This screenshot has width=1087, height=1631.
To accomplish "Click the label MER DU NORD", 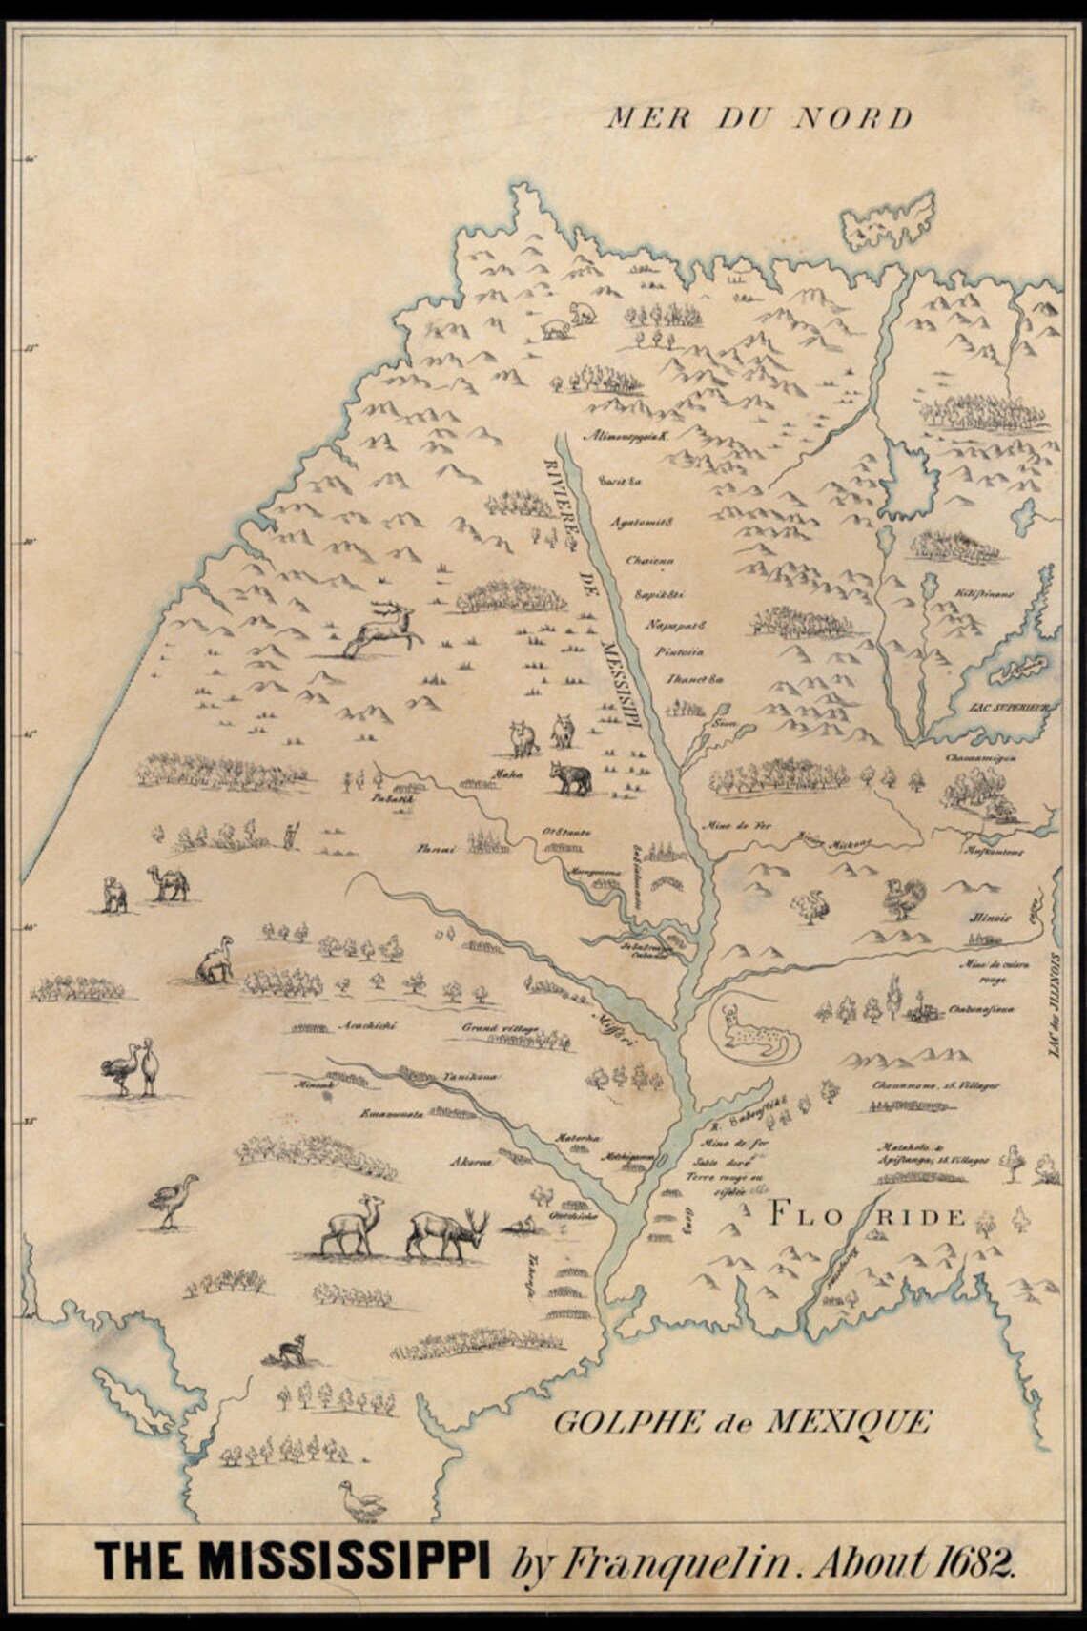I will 759,118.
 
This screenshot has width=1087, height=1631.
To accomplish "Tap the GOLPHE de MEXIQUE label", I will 742,1422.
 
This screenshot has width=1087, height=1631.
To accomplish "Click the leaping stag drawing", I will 380,629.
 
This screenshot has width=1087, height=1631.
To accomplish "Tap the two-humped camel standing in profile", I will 168,883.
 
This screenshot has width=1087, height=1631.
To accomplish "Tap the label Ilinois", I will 989,919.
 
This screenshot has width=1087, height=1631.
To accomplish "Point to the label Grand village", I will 501,1028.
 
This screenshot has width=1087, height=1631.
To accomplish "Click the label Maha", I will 507,774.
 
